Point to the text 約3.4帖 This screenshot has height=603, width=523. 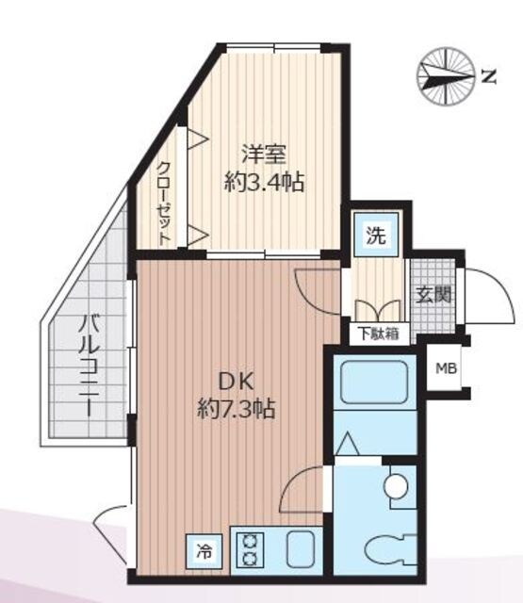tap(264, 182)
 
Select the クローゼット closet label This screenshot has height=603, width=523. tap(163, 202)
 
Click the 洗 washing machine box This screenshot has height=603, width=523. tap(375, 235)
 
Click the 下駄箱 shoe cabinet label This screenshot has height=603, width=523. tap(377, 332)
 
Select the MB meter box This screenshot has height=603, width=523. tap(444, 368)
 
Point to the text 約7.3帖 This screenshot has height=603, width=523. tap(236, 410)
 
